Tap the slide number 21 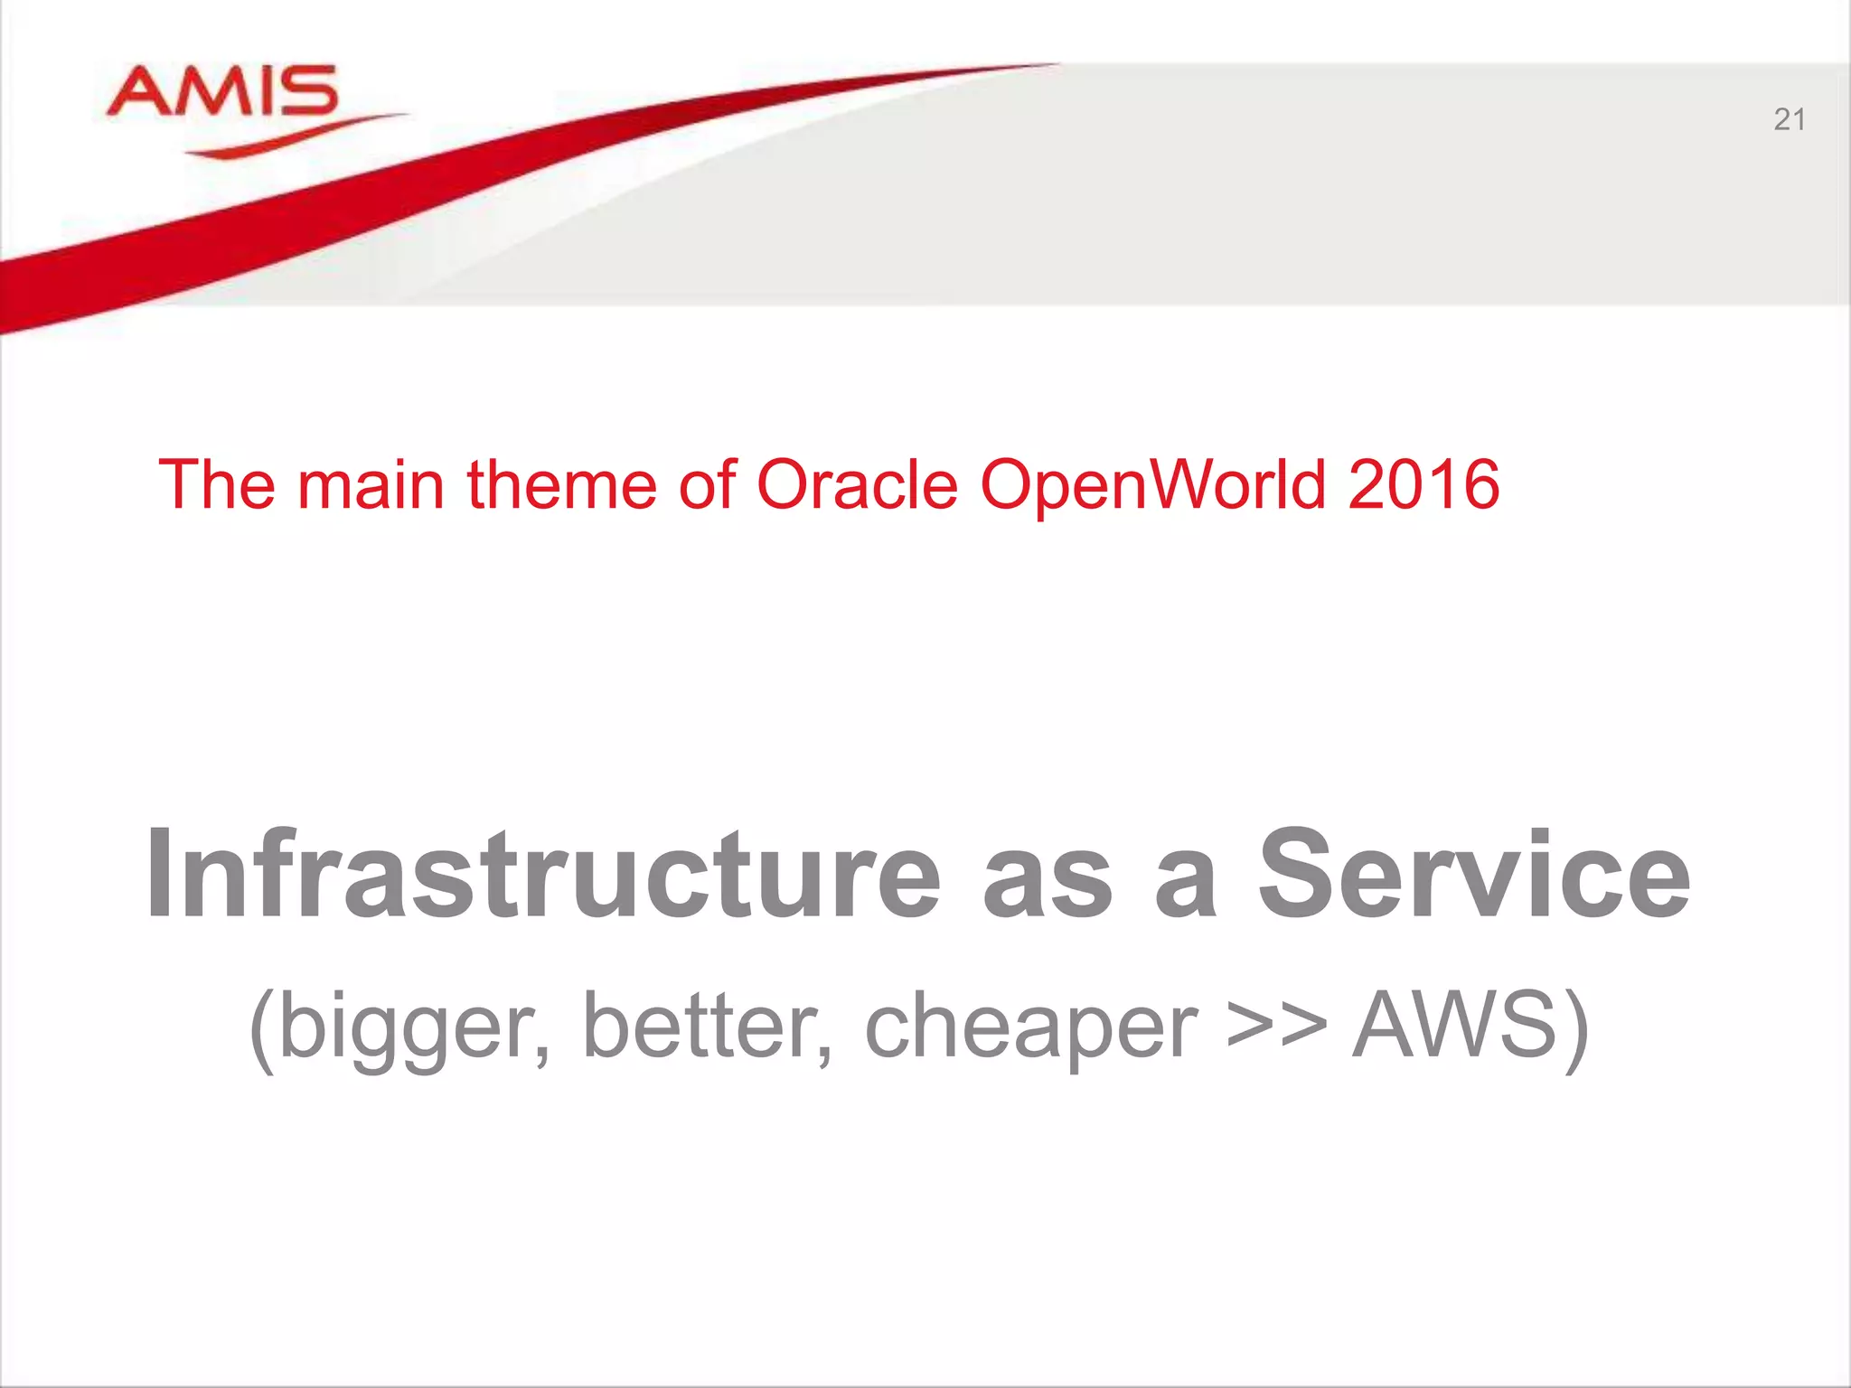click(1789, 120)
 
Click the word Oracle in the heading click(856, 484)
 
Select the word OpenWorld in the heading click(1152, 486)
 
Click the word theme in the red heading click(560, 484)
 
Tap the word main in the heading click(371, 484)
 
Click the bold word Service click(1473, 875)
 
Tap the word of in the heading click(708, 484)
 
